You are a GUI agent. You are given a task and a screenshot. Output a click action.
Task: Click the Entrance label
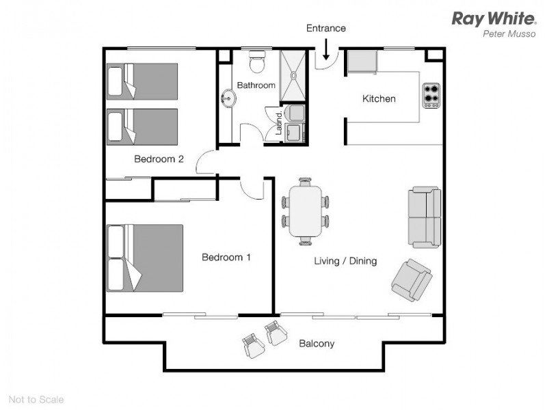coord(325,28)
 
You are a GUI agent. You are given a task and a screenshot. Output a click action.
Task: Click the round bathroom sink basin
coord(228,100)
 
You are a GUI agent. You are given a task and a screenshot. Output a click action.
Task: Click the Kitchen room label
coord(379,99)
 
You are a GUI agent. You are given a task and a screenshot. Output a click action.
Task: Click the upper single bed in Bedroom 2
coord(142,81)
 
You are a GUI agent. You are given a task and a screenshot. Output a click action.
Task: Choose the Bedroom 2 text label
coord(159,159)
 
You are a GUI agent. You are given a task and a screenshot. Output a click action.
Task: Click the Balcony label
coord(317,344)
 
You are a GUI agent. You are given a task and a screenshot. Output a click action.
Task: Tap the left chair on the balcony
coord(254,345)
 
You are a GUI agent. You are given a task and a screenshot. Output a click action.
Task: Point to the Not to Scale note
coord(36,399)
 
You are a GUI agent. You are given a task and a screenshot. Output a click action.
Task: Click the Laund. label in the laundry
coord(280,123)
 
